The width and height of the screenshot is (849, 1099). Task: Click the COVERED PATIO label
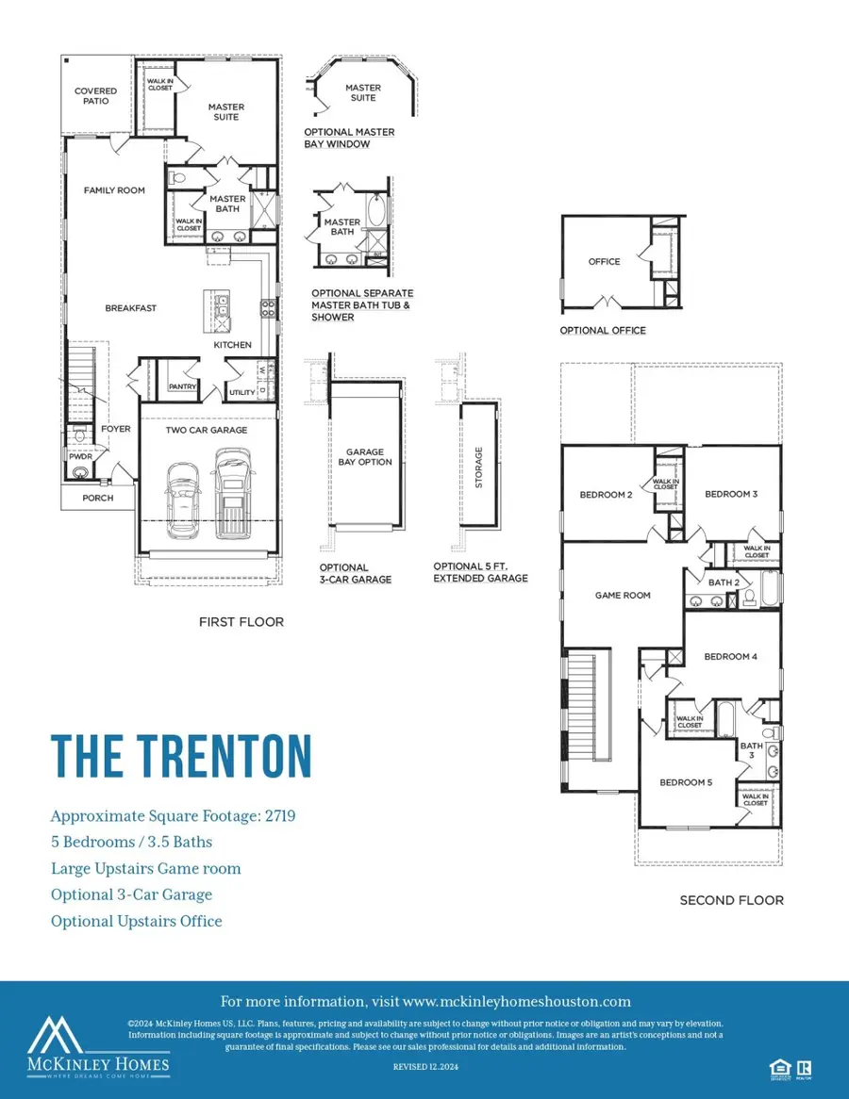point(95,97)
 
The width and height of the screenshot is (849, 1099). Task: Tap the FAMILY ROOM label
point(114,190)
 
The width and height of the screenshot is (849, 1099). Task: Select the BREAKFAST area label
point(130,308)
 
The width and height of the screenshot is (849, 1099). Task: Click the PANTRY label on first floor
point(181,386)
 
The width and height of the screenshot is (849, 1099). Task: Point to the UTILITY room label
point(242,392)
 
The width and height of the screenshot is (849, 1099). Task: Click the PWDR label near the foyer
point(80,456)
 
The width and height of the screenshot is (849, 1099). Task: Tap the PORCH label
point(97,498)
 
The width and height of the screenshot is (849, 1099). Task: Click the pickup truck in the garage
point(233,492)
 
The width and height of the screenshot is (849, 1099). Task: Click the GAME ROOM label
point(623,596)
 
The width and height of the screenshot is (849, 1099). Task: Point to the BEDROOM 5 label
point(686,782)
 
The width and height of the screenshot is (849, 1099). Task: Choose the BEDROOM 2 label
point(605,495)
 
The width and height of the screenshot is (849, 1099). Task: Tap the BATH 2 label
point(724,582)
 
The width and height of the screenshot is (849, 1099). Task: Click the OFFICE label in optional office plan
point(604,261)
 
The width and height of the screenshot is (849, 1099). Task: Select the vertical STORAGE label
point(478,467)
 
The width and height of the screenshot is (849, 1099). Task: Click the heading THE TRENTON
point(180,755)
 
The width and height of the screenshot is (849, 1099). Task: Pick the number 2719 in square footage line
point(278,816)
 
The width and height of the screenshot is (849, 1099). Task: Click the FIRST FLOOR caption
point(241,622)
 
